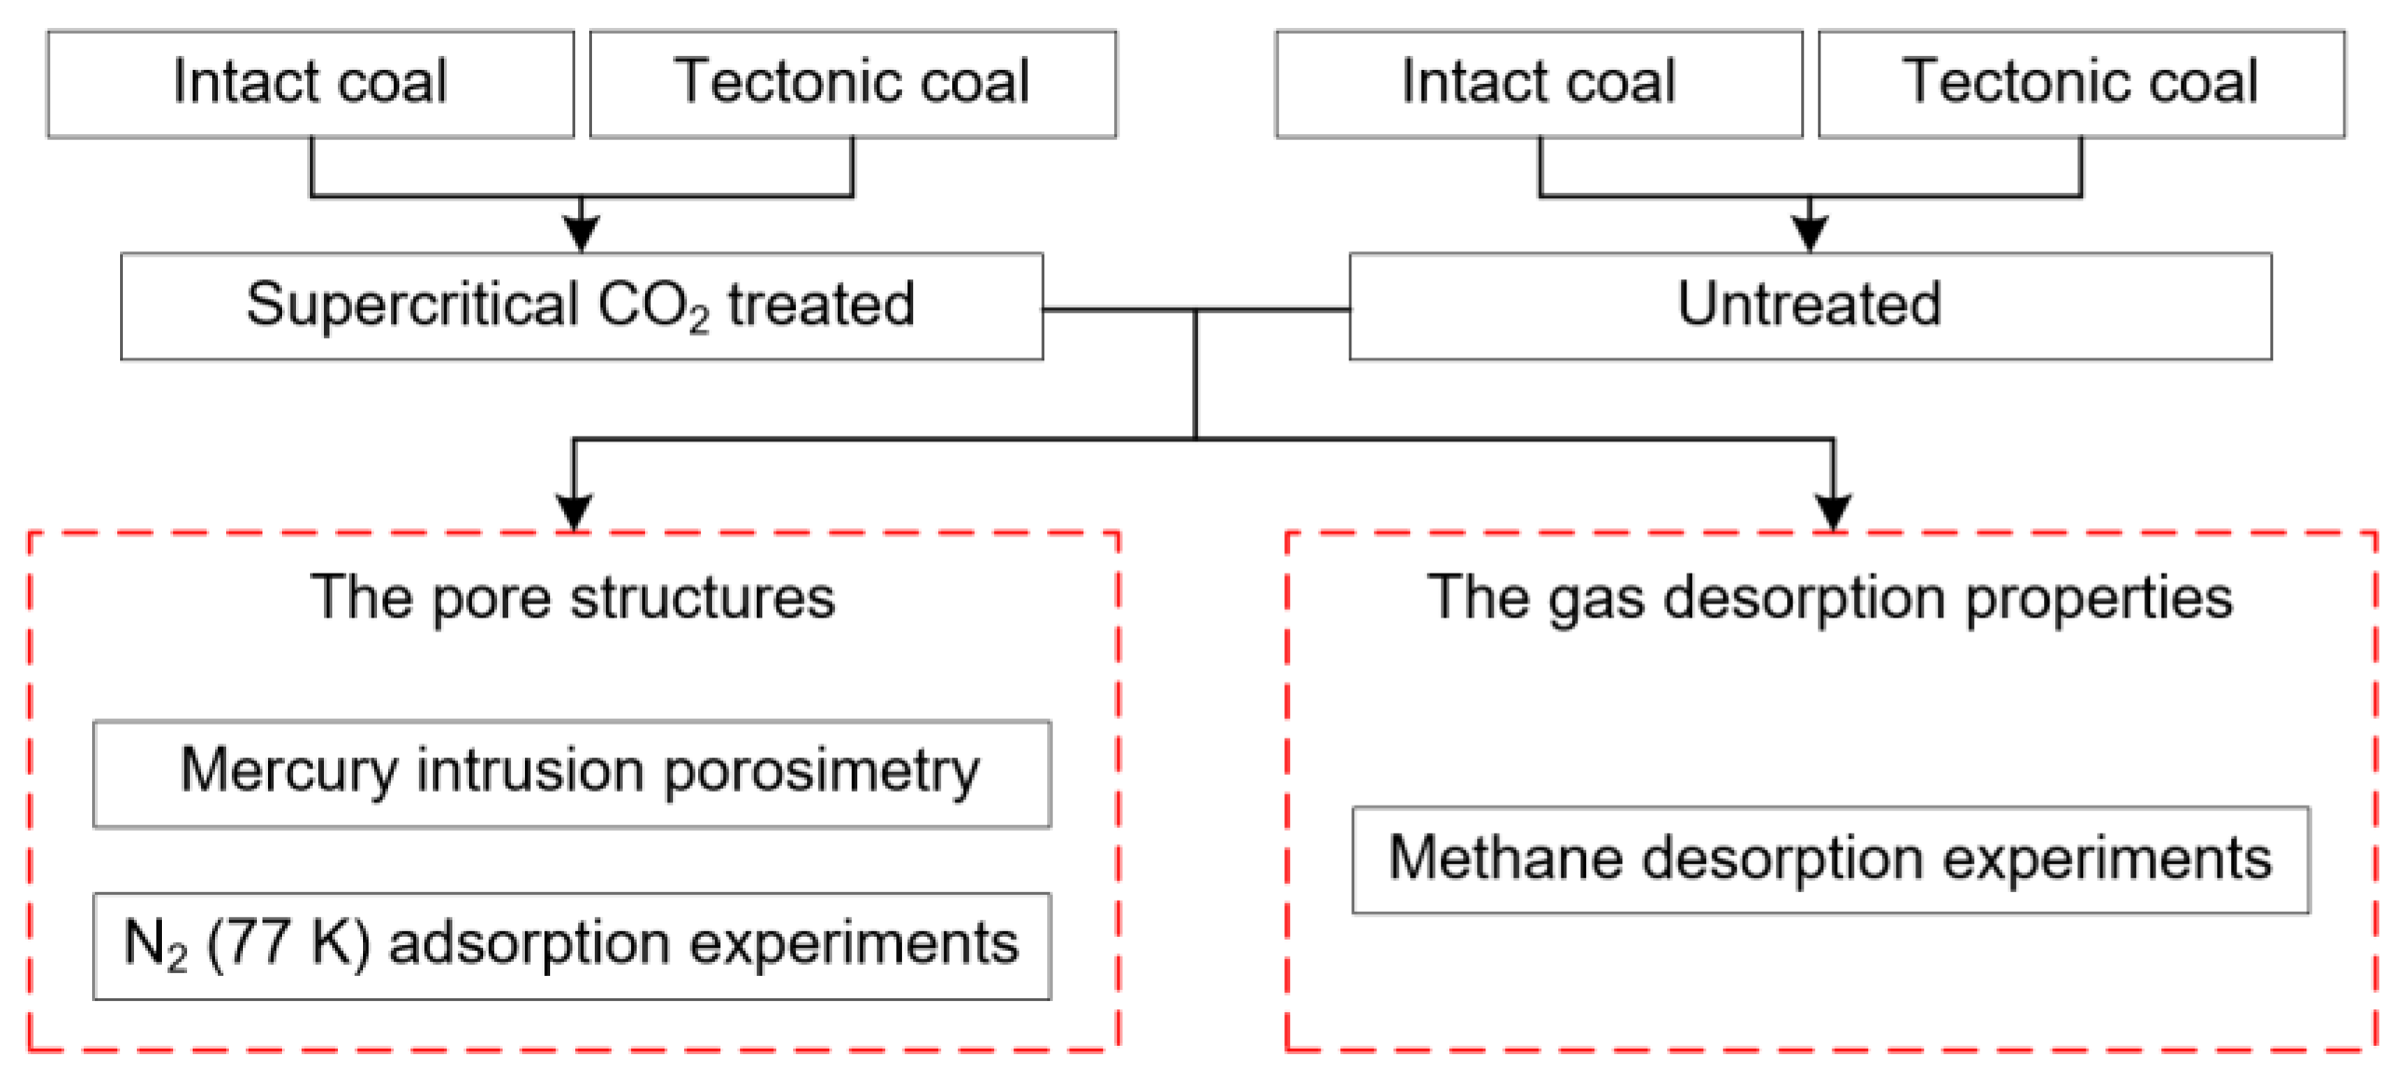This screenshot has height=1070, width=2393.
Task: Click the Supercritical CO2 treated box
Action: (581, 305)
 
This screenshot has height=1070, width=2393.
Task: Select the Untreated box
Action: (1808, 305)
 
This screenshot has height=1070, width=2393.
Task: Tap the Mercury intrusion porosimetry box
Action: (571, 773)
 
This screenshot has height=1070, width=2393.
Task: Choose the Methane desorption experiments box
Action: (1829, 859)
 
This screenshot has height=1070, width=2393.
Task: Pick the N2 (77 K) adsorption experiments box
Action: (571, 945)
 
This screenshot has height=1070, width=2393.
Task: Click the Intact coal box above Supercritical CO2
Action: (310, 84)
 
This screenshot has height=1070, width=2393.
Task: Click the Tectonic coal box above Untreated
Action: (2080, 84)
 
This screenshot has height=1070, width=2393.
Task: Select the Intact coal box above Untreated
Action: (1538, 84)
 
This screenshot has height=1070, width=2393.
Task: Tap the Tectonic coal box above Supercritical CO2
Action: (852, 84)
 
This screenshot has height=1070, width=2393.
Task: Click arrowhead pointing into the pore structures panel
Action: (573, 511)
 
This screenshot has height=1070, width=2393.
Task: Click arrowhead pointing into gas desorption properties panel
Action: (1833, 511)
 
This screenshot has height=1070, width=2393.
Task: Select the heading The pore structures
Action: (572, 597)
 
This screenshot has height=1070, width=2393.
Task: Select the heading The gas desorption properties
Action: (1829, 597)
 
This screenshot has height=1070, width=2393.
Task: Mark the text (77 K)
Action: (288, 943)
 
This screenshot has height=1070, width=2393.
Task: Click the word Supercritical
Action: (412, 305)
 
